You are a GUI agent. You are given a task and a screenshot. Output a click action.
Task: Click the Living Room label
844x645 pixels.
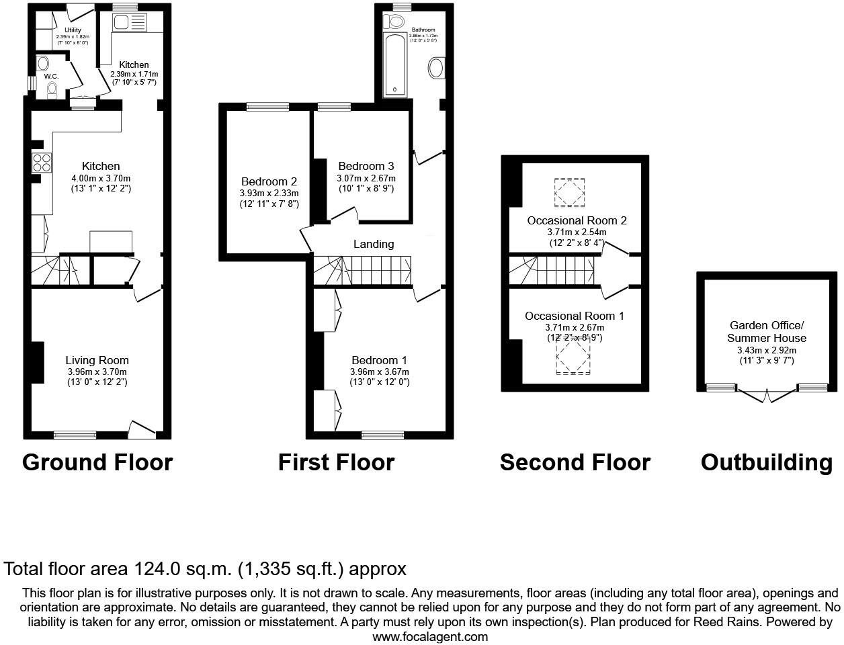97,360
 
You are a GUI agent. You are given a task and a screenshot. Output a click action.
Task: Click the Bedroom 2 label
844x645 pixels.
269,181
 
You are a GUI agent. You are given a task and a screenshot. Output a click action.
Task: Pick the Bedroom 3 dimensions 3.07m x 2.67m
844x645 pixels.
366,178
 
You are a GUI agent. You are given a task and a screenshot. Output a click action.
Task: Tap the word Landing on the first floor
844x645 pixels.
374,244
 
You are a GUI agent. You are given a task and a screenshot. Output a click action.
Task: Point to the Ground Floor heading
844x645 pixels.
97,462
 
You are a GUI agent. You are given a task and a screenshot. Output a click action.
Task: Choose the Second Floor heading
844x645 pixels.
575,462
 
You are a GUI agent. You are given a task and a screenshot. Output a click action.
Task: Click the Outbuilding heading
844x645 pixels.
766,462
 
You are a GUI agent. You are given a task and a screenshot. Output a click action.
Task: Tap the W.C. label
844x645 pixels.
52,77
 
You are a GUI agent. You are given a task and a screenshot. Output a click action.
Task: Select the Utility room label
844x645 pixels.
73,30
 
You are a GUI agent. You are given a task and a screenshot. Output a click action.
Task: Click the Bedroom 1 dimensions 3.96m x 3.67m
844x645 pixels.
379,372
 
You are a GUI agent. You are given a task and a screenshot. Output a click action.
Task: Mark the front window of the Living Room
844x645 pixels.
75,435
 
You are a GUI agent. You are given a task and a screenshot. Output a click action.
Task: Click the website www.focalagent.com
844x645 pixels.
430,636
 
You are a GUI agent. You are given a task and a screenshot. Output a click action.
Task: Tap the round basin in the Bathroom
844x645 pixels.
436,68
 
